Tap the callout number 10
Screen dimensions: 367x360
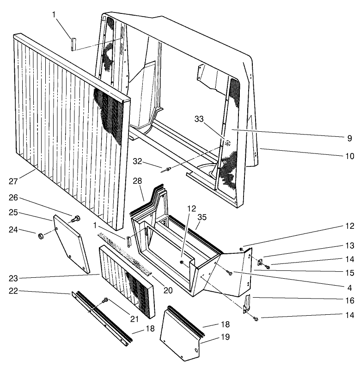[x=349, y=156]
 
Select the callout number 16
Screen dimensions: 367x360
[x=349, y=300]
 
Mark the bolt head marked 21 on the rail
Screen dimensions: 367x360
[x=106, y=300]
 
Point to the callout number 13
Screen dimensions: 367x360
[x=349, y=245]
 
